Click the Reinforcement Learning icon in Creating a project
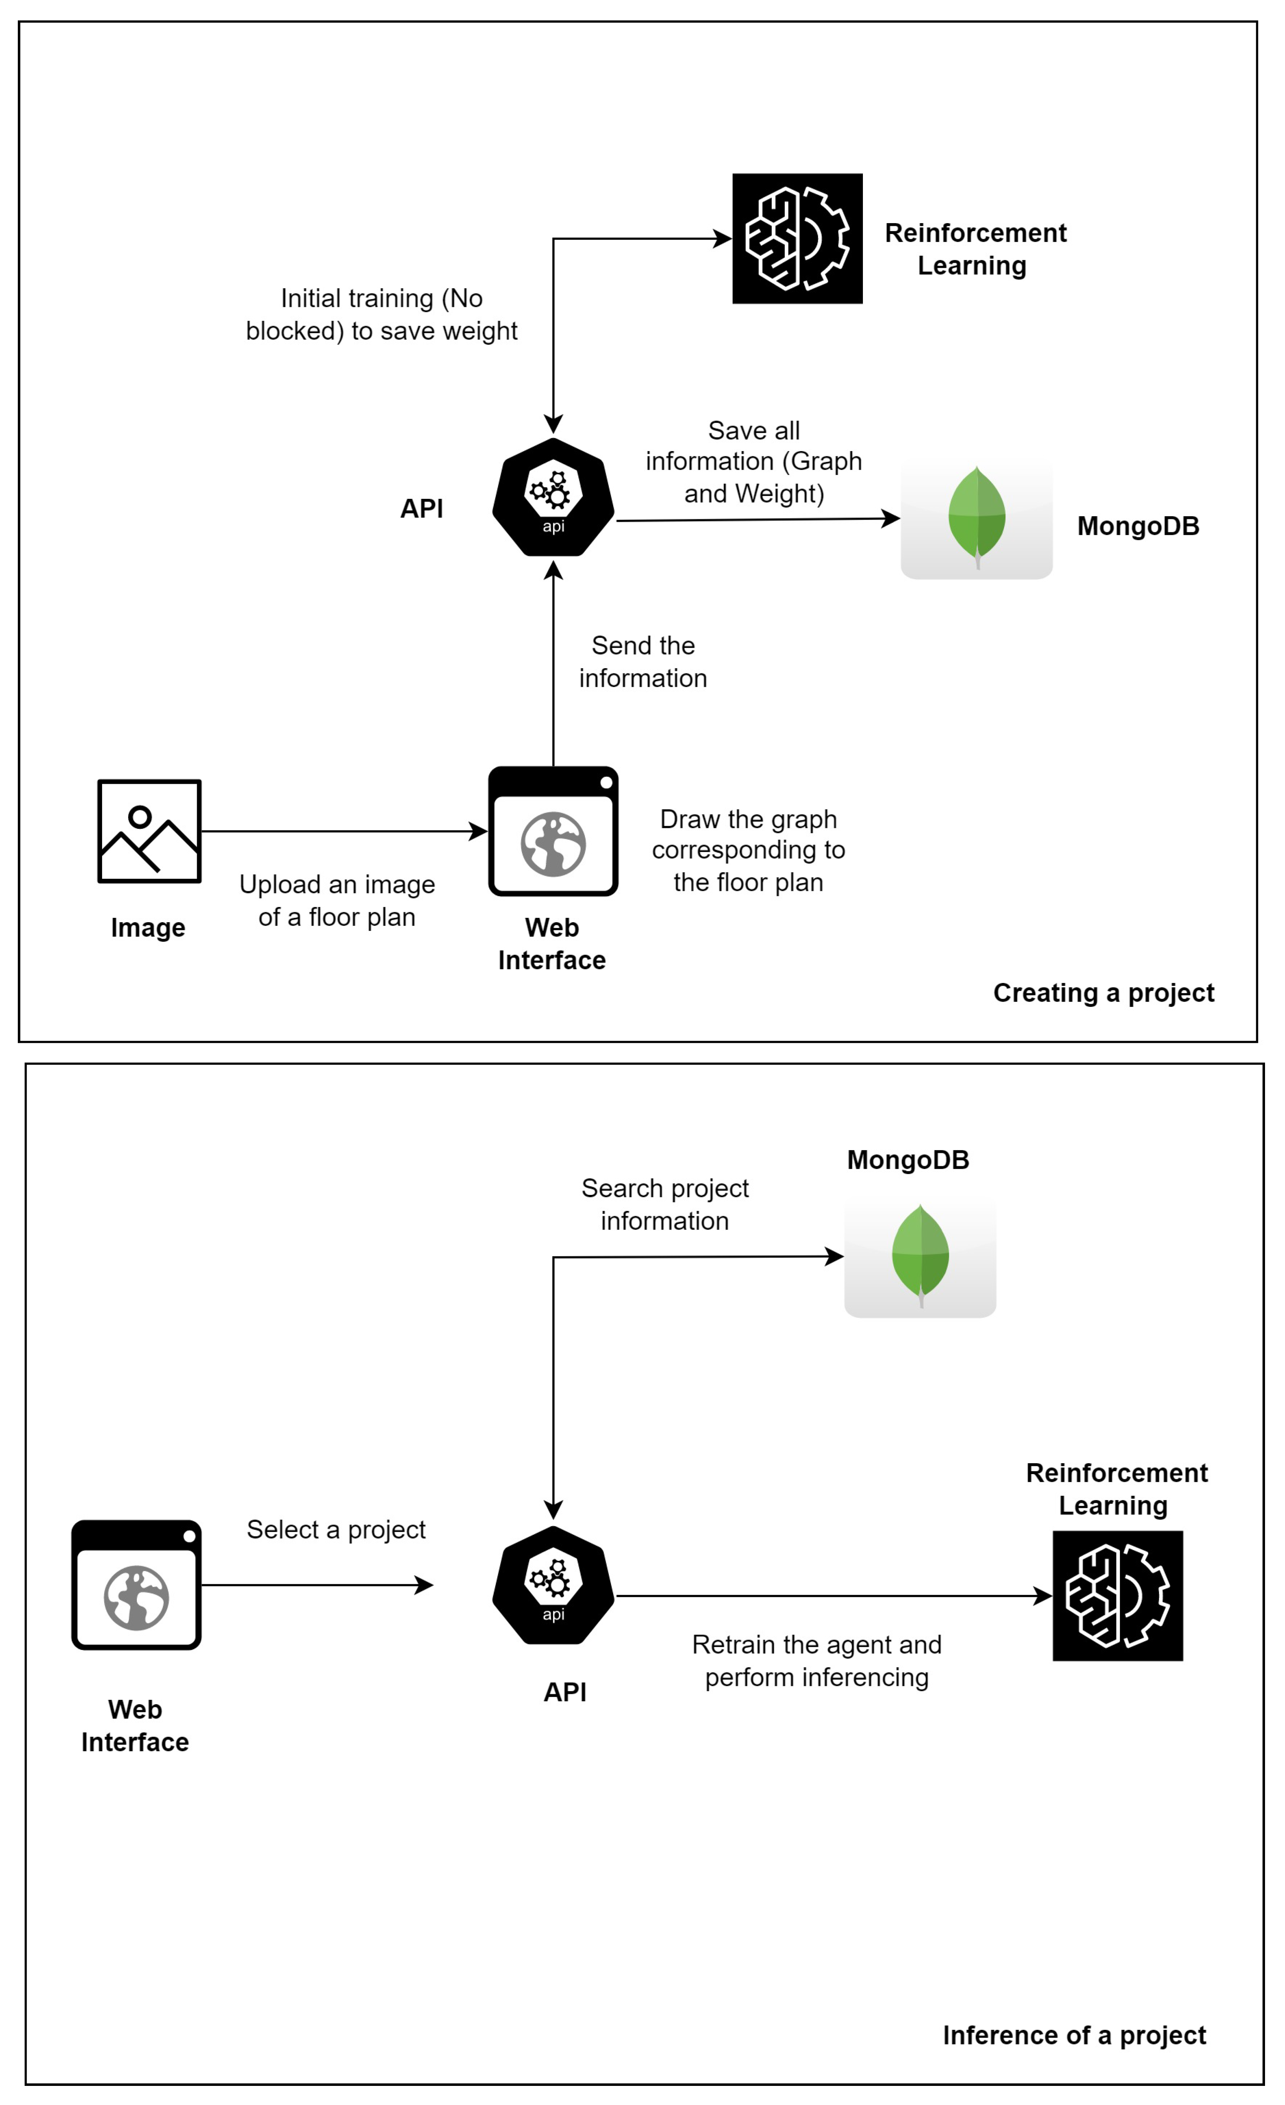[797, 238]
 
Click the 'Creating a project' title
[1103, 993]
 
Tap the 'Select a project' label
[336, 1529]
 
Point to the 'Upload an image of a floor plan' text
[337, 901]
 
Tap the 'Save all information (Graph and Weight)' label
[753, 461]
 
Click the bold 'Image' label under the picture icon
[148, 928]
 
